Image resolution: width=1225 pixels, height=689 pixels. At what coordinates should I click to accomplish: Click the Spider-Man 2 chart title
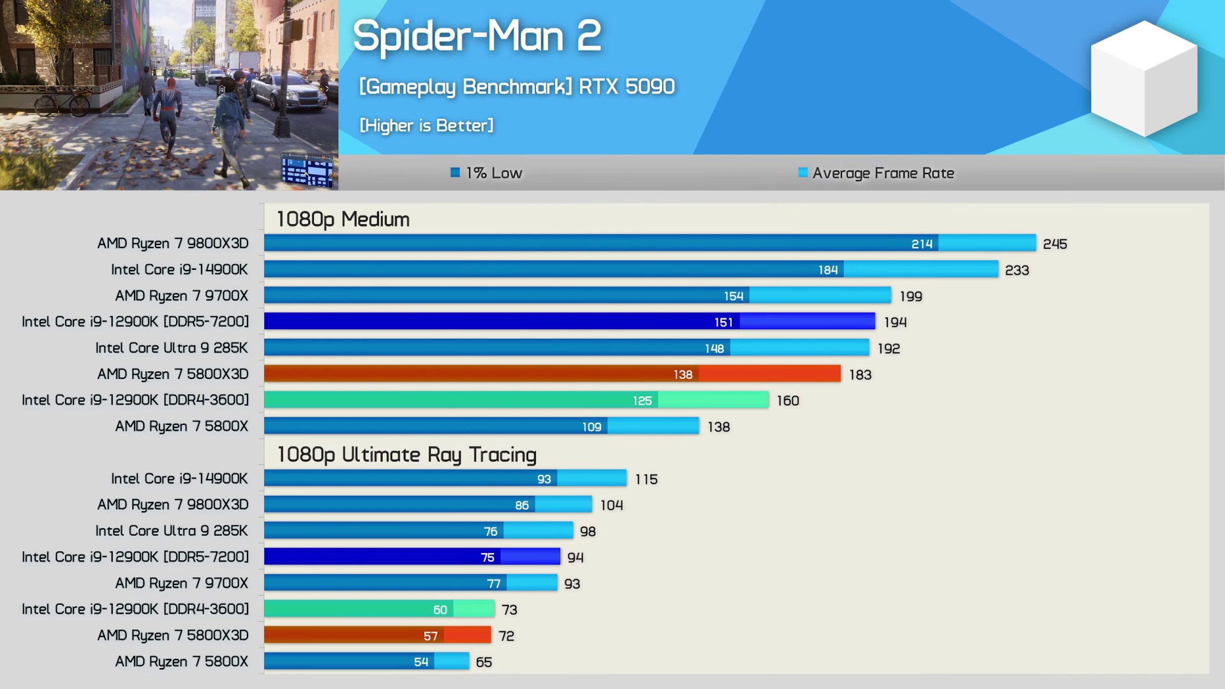click(477, 36)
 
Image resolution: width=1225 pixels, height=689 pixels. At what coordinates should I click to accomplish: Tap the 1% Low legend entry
click(486, 173)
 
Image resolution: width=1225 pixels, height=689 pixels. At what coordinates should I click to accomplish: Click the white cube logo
click(1144, 78)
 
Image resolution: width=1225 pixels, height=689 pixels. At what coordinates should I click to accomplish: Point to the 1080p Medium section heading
click(343, 219)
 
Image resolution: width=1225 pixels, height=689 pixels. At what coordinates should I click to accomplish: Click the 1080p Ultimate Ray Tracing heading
click(406, 455)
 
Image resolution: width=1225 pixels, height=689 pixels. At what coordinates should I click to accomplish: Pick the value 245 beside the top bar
click(1055, 244)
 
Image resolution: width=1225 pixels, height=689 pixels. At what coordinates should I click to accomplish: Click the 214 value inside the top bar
click(921, 244)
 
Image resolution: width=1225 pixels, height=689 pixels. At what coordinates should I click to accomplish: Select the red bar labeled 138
click(479, 374)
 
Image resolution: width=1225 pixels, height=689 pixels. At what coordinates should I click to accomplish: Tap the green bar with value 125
click(447, 400)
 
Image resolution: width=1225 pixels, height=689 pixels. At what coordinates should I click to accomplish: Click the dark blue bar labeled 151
click(498, 322)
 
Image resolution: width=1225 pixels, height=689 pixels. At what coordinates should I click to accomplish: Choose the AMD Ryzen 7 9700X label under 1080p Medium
click(181, 295)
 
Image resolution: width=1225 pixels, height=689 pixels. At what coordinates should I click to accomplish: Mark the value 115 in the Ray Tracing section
click(646, 479)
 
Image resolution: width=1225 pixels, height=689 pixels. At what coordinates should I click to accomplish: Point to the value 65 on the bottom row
click(484, 662)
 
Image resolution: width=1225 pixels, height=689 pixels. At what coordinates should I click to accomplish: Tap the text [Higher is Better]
click(426, 126)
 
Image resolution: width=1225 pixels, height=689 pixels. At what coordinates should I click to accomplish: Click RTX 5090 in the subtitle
click(627, 86)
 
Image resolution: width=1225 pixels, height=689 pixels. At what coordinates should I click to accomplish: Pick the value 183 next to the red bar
click(860, 374)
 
